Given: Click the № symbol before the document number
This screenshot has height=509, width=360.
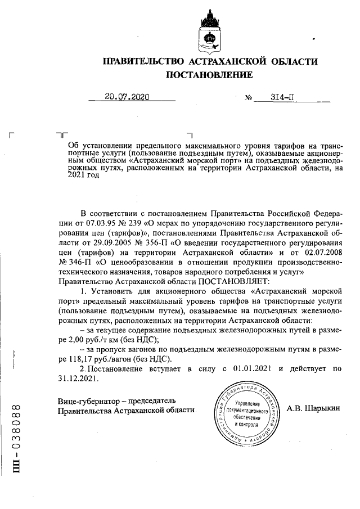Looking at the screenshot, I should tap(248, 98).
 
